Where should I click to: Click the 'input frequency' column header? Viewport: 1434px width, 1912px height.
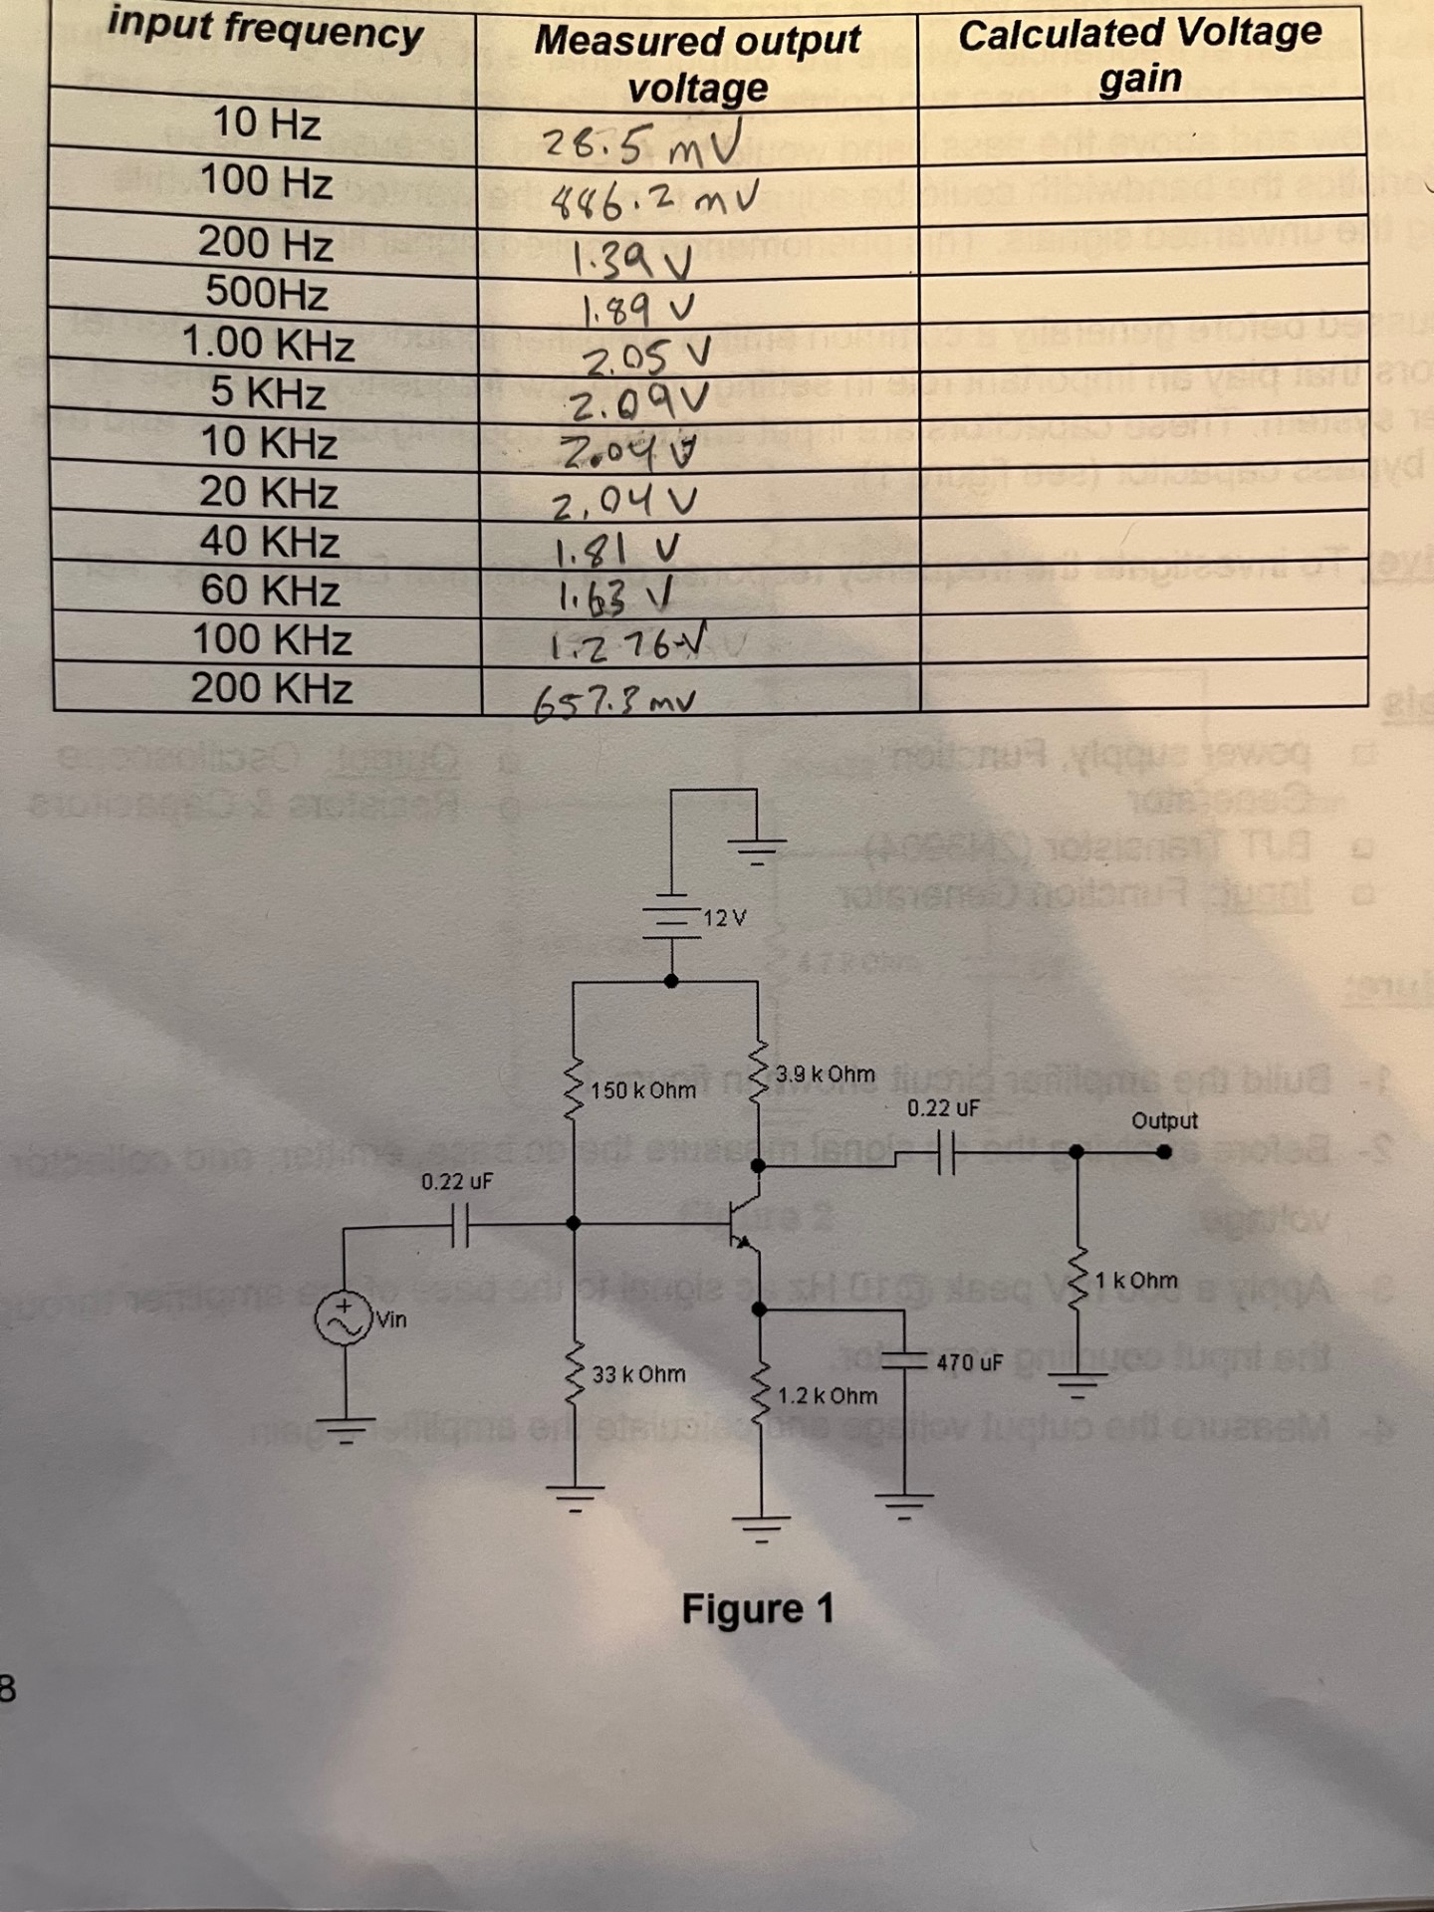point(265,29)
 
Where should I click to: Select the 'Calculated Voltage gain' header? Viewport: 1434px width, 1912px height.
point(1140,56)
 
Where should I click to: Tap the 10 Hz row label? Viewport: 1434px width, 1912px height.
point(266,123)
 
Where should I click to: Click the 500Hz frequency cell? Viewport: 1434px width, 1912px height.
point(266,293)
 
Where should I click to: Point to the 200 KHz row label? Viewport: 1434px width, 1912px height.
point(271,688)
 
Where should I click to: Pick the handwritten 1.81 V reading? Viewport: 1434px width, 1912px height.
point(617,549)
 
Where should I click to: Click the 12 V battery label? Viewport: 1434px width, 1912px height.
point(724,917)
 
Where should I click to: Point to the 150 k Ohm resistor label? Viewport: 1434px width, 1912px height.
point(643,1090)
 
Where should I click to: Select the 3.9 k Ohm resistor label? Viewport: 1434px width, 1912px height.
point(825,1075)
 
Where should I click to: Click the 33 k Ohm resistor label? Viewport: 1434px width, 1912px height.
point(638,1374)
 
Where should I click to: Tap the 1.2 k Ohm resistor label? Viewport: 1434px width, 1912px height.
point(827,1395)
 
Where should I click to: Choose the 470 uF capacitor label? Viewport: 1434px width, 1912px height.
point(968,1361)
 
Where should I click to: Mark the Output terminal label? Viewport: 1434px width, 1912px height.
point(1164,1121)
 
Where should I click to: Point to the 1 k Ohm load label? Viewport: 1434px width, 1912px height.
point(1136,1281)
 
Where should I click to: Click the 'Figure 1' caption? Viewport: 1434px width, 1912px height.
point(757,1609)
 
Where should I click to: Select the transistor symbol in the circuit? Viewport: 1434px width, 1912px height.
point(742,1223)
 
